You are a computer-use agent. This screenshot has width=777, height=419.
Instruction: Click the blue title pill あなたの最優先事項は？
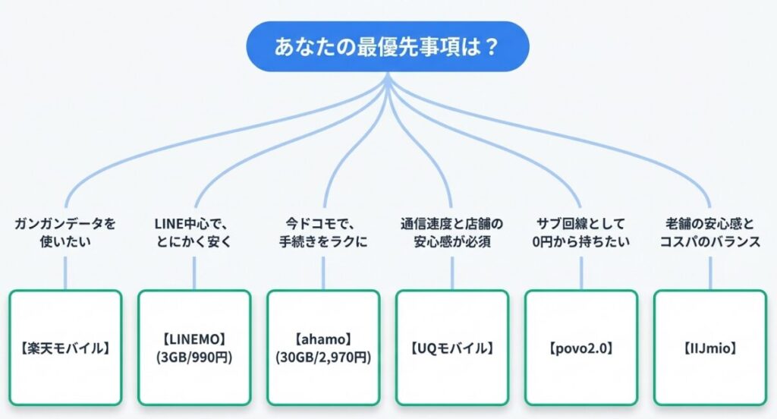click(x=387, y=46)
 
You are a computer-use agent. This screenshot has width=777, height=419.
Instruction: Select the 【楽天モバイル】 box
click(x=65, y=348)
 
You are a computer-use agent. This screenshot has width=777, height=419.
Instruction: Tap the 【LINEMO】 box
click(x=194, y=348)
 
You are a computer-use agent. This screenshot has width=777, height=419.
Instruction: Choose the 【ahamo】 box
click(x=323, y=348)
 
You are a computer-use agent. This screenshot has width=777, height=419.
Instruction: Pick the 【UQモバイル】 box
click(x=452, y=348)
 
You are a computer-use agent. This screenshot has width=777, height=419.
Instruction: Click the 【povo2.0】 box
click(x=581, y=348)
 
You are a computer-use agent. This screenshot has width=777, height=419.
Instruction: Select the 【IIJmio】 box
click(x=710, y=348)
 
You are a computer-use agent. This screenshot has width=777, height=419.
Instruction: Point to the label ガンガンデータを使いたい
click(x=65, y=232)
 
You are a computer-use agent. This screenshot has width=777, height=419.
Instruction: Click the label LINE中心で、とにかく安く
click(x=194, y=232)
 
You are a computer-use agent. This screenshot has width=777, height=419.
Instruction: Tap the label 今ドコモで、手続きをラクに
click(x=323, y=232)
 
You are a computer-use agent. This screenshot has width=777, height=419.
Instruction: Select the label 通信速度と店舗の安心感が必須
click(x=452, y=232)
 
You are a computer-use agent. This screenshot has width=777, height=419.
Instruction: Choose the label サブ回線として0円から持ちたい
click(x=581, y=232)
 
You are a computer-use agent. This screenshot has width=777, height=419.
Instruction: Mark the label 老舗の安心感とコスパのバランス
click(x=710, y=232)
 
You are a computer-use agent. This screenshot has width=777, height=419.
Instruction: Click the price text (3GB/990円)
click(x=194, y=357)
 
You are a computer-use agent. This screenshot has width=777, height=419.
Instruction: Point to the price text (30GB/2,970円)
click(x=323, y=357)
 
